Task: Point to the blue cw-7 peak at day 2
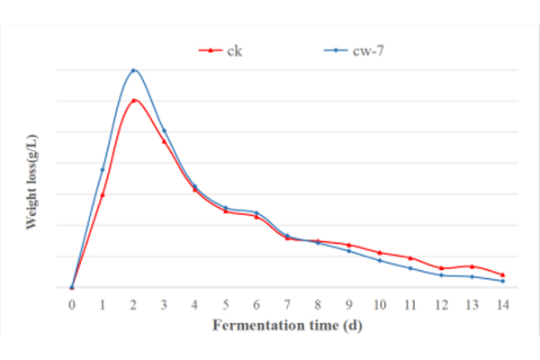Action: [133, 69]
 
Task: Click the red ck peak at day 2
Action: [133, 100]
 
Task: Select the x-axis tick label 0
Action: [72, 304]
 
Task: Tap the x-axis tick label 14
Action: [502, 304]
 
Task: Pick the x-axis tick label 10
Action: [380, 304]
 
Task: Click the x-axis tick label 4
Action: [195, 304]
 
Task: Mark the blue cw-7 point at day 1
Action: [103, 169]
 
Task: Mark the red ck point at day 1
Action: [103, 194]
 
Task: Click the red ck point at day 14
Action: [502, 274]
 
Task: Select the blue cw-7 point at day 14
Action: [502, 281]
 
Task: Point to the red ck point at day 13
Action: [472, 266]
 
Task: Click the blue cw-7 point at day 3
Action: [164, 130]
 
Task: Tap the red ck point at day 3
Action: [164, 141]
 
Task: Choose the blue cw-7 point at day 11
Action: [410, 268]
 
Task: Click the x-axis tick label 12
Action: [441, 304]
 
